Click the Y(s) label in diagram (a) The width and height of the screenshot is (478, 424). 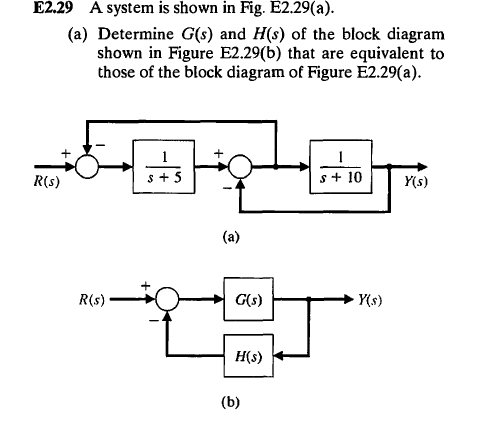411,186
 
